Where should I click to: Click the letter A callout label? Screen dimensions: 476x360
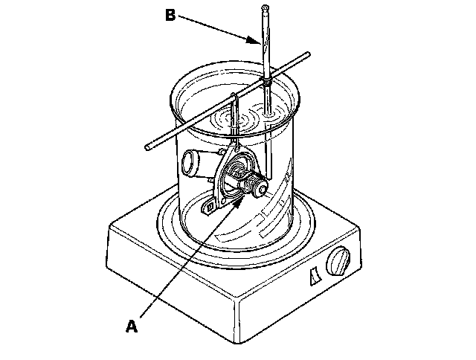point(132,325)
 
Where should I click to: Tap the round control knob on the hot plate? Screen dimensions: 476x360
point(339,263)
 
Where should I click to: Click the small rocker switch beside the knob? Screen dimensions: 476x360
point(312,277)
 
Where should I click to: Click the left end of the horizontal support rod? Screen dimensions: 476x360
point(149,147)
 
